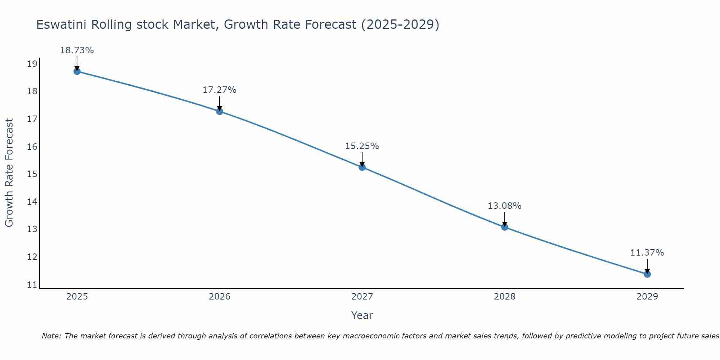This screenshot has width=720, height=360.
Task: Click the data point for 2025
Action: tap(77, 71)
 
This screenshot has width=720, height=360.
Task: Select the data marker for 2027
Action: tap(362, 167)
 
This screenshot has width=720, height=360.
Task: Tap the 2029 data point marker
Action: tap(647, 274)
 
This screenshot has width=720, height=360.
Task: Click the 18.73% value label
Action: tap(77, 50)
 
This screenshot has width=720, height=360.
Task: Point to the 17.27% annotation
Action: tap(219, 90)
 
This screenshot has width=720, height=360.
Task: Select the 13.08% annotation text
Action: tap(504, 206)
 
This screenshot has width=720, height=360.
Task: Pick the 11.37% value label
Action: tap(647, 253)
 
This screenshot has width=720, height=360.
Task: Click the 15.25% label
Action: tap(362, 146)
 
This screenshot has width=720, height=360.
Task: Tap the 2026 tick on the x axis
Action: tap(220, 297)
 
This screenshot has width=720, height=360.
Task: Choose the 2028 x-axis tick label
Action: tap(504, 297)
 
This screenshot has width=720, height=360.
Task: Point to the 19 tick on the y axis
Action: tap(32, 64)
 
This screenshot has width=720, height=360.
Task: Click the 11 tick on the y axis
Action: tap(32, 285)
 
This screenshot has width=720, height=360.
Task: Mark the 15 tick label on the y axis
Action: tap(32, 174)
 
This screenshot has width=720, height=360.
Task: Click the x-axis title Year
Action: tap(362, 315)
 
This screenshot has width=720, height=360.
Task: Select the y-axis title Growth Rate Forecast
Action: tap(9, 173)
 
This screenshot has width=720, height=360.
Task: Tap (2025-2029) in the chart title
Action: tap(400, 25)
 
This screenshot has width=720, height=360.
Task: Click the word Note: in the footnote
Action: tap(52, 336)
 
